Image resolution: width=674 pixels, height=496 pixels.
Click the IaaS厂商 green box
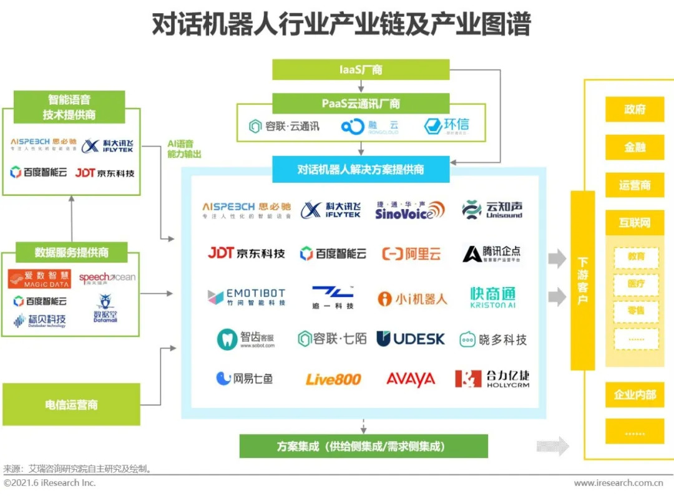click(361, 70)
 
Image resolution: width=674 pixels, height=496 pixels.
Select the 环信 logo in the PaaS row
click(446, 126)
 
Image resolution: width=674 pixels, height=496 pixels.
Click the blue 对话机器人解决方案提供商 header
click(361, 170)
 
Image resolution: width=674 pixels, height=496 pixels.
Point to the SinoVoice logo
click(409, 210)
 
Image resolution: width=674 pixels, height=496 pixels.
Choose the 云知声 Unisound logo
click(492, 210)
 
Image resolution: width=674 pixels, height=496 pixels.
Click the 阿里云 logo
click(411, 254)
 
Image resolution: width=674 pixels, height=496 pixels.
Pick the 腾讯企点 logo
click(492, 254)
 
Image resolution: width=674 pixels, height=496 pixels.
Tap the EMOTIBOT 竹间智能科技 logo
click(247, 297)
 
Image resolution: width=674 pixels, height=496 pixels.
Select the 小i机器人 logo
click(413, 299)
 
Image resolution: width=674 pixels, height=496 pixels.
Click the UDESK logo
click(411, 339)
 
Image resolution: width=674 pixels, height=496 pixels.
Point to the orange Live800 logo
click(333, 379)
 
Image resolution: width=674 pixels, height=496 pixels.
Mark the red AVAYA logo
click(410, 379)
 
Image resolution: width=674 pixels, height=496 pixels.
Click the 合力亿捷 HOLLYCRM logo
click(492, 379)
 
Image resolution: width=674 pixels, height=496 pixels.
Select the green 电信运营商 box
click(71, 405)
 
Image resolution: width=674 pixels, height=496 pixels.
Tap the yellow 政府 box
click(634, 110)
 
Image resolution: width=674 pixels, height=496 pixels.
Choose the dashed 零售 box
click(636, 311)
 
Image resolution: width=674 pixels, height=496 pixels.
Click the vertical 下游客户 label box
click(582, 281)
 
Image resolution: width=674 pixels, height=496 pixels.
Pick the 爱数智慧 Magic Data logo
click(39, 278)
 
